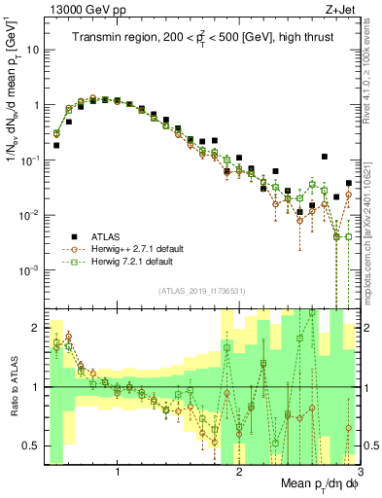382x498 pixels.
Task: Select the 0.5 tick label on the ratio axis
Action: point(31,445)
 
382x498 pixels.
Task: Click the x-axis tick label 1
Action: point(118,473)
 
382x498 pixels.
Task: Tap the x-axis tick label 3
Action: point(359,473)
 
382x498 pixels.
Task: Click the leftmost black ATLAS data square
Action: point(56,145)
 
